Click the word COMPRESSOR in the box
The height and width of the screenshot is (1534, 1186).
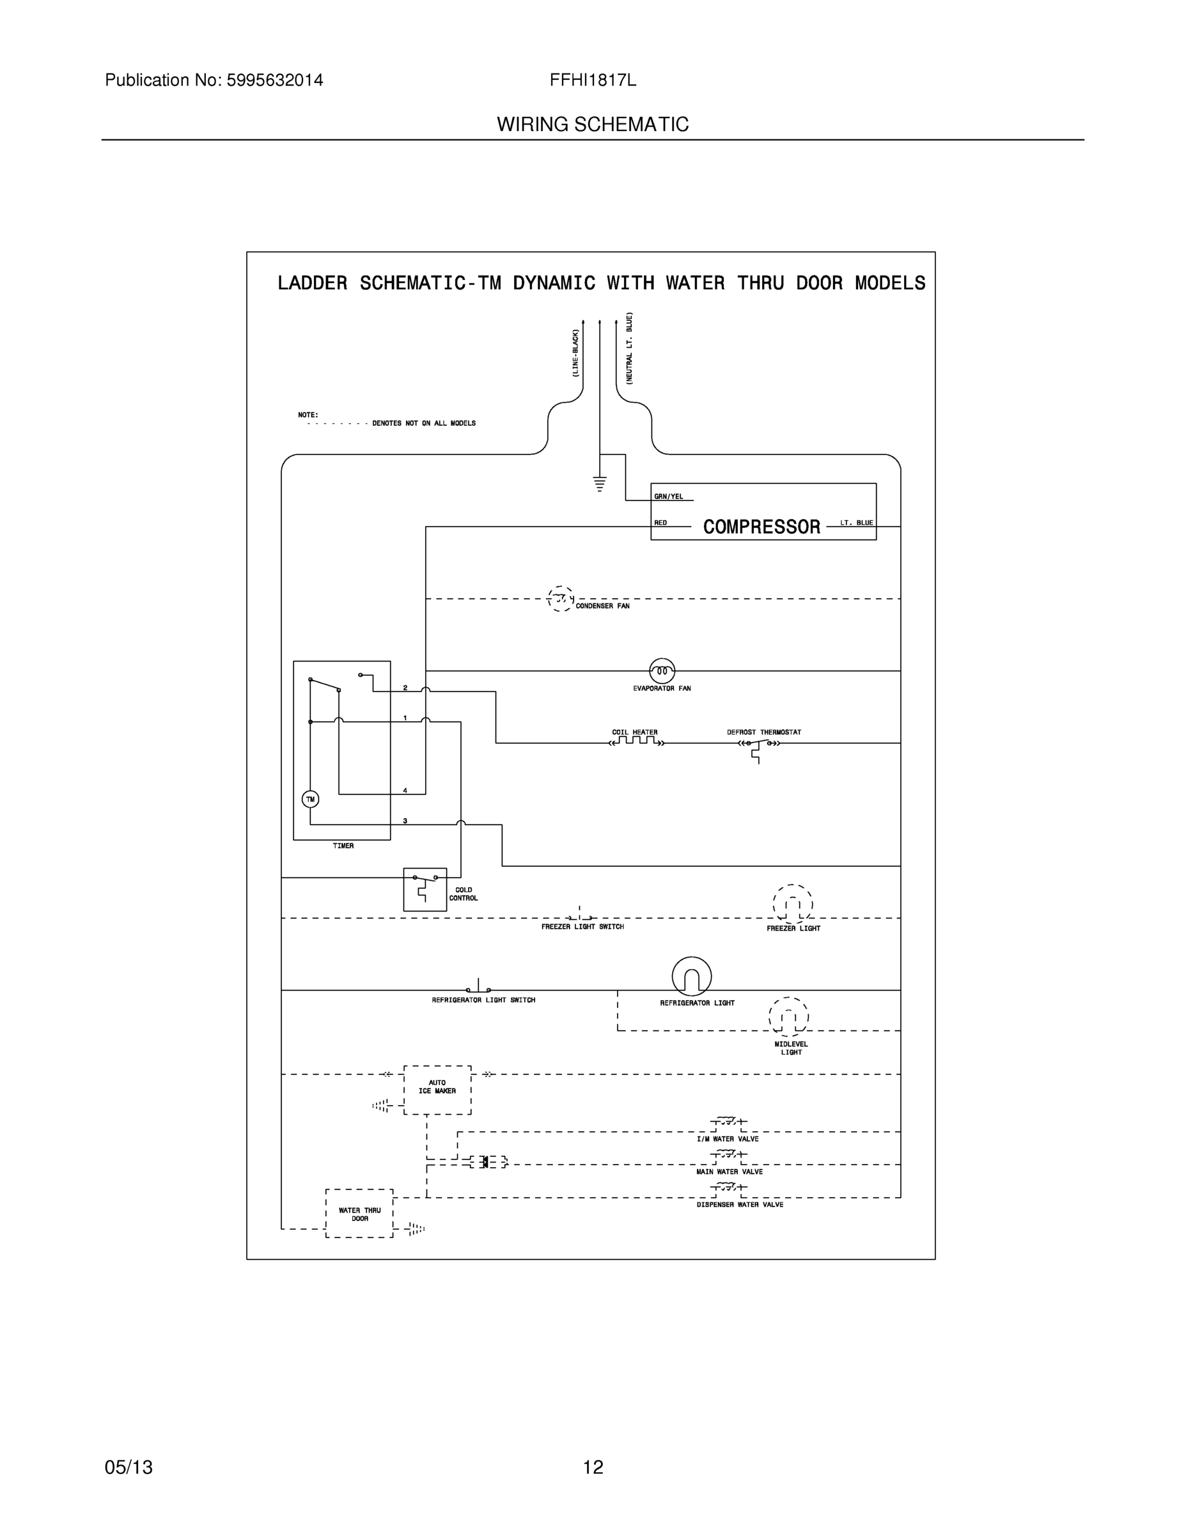tap(761, 527)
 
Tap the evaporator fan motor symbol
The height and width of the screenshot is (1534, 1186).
tap(662, 670)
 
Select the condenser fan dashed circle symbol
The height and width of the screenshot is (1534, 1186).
tap(560, 598)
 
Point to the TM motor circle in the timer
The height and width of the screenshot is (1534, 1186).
tap(310, 800)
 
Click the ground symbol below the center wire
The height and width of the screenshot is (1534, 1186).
tap(599, 483)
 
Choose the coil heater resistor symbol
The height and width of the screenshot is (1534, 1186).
tap(637, 741)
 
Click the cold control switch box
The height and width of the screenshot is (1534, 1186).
tap(425, 889)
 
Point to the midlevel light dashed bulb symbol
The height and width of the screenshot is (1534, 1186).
tap(788, 1016)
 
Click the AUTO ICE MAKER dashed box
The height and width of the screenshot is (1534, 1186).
tap(437, 1090)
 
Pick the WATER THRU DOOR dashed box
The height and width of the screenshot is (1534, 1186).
tap(359, 1214)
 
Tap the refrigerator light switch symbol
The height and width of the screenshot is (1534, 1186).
tap(478, 988)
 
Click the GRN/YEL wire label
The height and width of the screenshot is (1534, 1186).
tap(668, 497)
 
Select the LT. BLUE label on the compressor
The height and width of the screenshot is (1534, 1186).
tap(857, 523)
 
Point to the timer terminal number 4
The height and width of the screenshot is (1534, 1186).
tap(405, 790)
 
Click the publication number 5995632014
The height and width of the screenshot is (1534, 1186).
tap(274, 80)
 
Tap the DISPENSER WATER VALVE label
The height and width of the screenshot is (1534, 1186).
tap(740, 1205)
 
